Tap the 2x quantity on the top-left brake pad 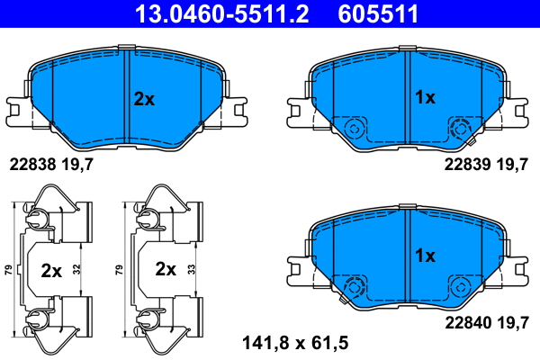(144, 99)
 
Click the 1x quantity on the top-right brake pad (424, 96)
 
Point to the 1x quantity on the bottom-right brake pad (424, 255)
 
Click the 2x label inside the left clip (52, 269)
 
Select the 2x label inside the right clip (166, 269)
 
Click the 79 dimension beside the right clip (120, 269)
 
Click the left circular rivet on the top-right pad (354, 128)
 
